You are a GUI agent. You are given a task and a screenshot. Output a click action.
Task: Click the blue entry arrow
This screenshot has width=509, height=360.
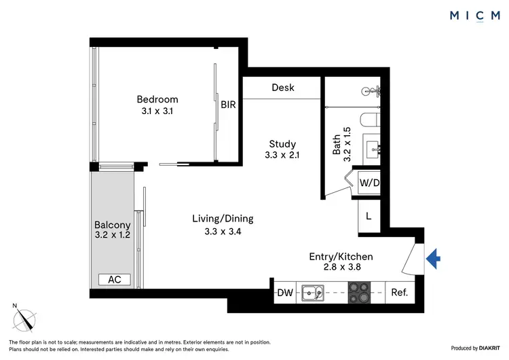click(x=434, y=257)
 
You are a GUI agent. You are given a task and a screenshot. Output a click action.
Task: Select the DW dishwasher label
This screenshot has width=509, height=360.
click(x=285, y=293)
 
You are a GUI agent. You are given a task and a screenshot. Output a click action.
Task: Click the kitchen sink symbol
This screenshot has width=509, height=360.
click(x=313, y=293)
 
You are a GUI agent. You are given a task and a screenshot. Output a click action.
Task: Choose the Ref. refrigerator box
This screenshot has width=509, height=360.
click(x=399, y=293)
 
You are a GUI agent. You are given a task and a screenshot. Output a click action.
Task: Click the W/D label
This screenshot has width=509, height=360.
click(x=369, y=183)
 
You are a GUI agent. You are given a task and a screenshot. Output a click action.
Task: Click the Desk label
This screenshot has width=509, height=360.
click(x=282, y=88)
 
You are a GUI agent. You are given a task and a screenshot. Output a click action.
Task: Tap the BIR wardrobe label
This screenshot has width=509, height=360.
click(x=227, y=105)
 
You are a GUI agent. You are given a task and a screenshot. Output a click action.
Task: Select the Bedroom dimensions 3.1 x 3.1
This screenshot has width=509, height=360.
click(x=156, y=112)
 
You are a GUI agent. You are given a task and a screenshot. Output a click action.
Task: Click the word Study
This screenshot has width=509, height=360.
click(x=282, y=143)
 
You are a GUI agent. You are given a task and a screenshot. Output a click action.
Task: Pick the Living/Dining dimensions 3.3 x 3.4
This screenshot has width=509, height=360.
click(x=223, y=231)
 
